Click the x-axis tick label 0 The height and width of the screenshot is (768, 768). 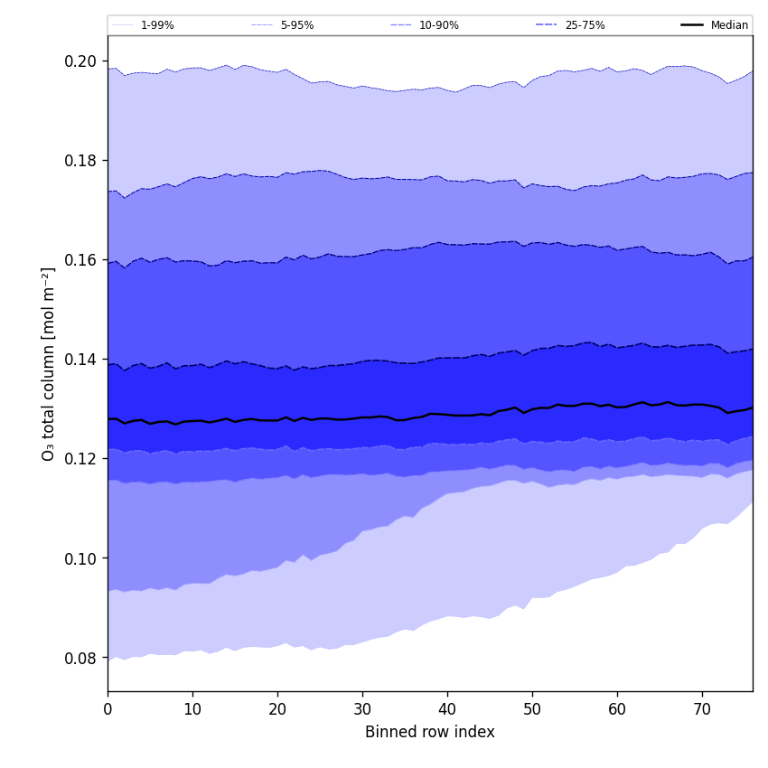click(108, 709)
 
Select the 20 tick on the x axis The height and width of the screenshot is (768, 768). click(277, 709)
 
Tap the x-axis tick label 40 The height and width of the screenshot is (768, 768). click(447, 709)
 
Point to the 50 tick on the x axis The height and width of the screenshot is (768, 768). click(532, 709)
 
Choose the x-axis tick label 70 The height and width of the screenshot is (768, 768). click(702, 709)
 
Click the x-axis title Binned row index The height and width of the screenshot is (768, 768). click(430, 732)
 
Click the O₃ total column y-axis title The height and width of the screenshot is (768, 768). click(49, 363)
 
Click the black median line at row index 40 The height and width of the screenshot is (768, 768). click(447, 415)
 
